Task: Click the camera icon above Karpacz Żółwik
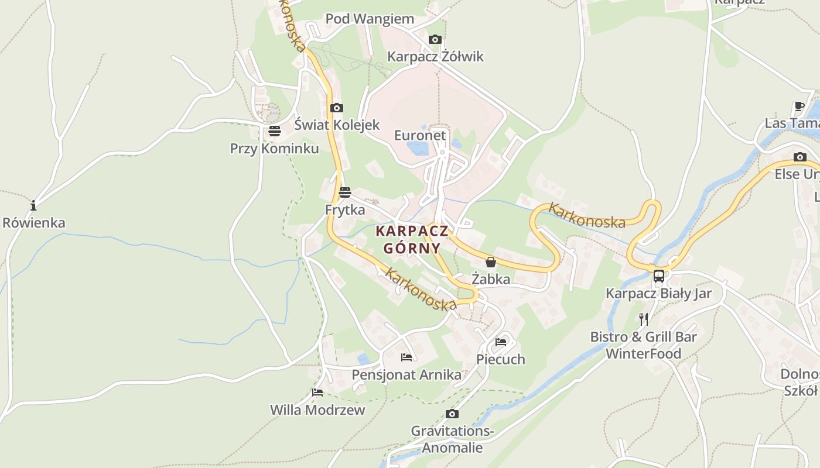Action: (x=435, y=40)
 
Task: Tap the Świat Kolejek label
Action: (x=337, y=125)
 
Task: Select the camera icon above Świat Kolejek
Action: (x=337, y=108)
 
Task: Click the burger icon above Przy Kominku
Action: (x=275, y=132)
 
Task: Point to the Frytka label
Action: (x=345, y=209)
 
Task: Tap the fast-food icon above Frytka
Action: (x=345, y=192)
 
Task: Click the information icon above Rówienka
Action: (x=33, y=205)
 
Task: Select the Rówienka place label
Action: (x=34, y=223)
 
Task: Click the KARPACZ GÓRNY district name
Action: (x=412, y=239)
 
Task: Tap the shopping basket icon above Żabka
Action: (x=491, y=262)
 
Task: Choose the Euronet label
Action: (x=420, y=135)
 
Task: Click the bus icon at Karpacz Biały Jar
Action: (x=659, y=276)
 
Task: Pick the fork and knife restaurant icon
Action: (x=644, y=319)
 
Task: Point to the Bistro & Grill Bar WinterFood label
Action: (x=644, y=345)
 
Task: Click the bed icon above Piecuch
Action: (x=501, y=342)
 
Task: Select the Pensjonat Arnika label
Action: (x=406, y=374)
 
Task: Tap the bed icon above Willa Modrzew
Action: (x=317, y=393)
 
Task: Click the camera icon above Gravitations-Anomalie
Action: (x=452, y=414)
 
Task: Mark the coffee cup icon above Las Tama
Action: (x=799, y=106)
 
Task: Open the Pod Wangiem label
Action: (x=370, y=19)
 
